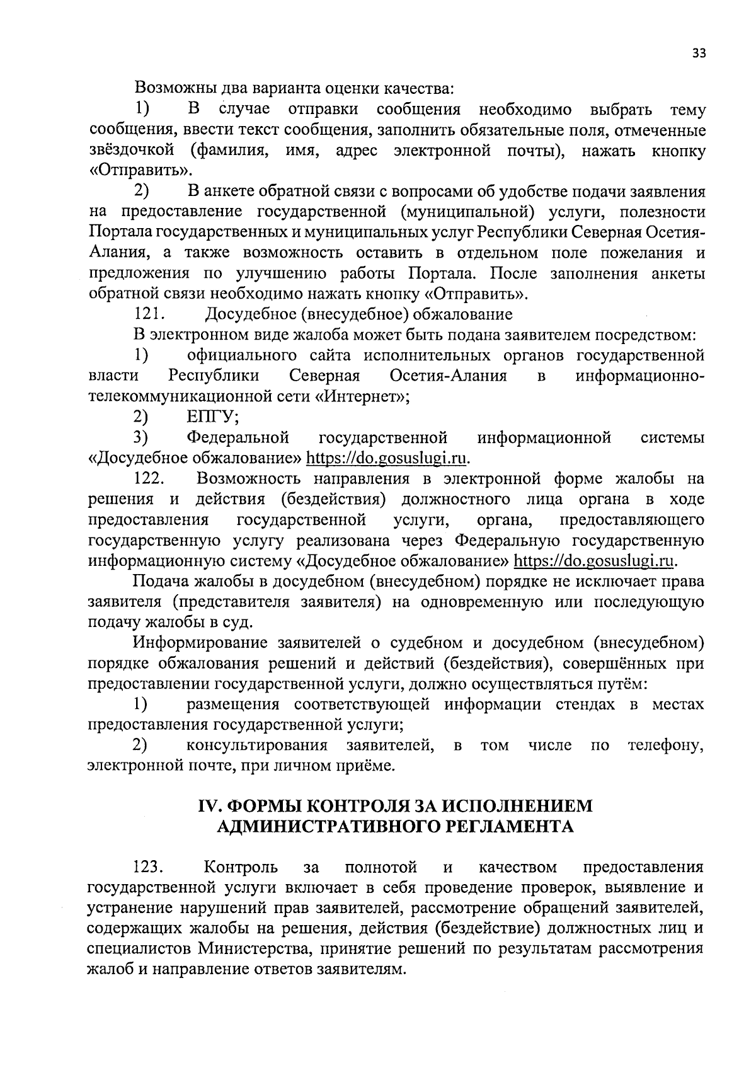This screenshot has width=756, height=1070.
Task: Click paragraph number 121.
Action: click(x=149, y=314)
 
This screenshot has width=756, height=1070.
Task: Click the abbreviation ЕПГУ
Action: click(x=212, y=417)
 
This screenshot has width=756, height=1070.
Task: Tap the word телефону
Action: click(x=665, y=745)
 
